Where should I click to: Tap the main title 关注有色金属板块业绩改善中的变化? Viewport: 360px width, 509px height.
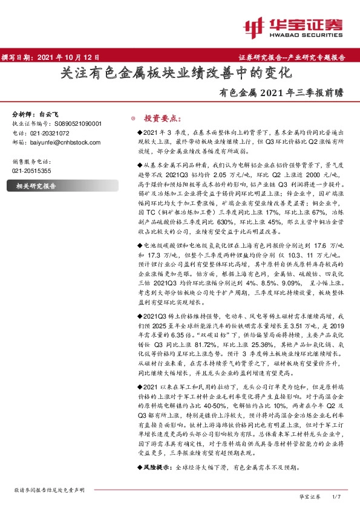(x=178, y=74)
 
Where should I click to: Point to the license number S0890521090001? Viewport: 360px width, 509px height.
(x=74, y=123)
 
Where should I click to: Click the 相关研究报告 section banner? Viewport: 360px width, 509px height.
(x=36, y=187)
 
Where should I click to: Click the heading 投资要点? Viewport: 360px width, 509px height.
(x=159, y=119)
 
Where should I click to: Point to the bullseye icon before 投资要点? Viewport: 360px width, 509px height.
(x=134, y=119)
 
